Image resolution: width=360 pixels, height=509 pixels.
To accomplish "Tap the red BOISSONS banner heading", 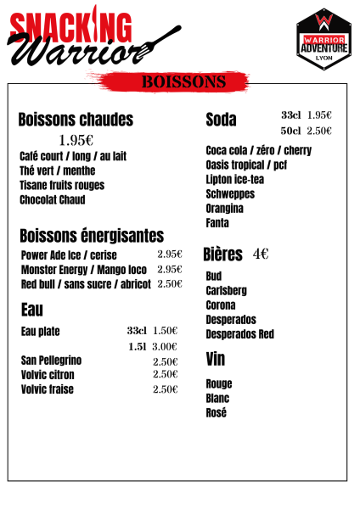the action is coord(183,81).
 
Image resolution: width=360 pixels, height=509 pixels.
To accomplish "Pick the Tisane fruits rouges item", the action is coord(62,185).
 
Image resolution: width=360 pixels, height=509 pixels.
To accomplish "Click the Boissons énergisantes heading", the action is coord(92,235).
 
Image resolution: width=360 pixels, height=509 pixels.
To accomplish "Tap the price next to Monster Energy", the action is coord(170,269).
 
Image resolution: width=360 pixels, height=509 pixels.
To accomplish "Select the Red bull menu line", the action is coord(86,284).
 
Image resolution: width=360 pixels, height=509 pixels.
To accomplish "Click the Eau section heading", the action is coord(32,310).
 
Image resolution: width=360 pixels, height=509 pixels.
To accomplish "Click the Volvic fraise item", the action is coord(48,389).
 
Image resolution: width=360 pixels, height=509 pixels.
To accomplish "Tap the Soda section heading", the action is coord(221,120).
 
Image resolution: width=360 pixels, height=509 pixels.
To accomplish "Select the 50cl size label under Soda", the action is coord(290,131).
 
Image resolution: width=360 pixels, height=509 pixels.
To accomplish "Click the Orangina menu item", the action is coord(224,208).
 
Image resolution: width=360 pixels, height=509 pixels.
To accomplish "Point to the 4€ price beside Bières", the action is coord(261,254).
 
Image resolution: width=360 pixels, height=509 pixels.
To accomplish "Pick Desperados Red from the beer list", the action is coord(240,334).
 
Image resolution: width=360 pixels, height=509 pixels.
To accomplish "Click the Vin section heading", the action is coord(215,360).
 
